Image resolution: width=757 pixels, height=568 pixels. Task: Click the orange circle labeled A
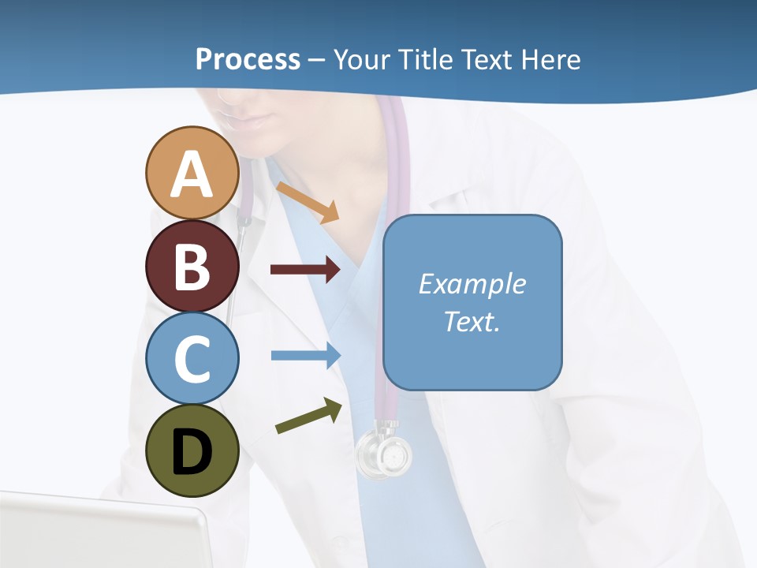tap(192, 173)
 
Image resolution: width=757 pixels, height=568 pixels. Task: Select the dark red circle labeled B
tap(192, 266)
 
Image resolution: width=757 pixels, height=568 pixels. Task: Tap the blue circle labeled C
tap(192, 359)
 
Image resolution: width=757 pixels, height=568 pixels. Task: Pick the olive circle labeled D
tap(192, 451)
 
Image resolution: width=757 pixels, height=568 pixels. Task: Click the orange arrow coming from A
tap(308, 202)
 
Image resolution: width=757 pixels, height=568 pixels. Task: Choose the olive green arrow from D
tap(308, 417)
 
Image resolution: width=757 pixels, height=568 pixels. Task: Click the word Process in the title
tap(248, 60)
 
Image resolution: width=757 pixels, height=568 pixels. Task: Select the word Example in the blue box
tap(472, 284)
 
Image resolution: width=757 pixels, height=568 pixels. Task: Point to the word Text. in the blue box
tap(472, 321)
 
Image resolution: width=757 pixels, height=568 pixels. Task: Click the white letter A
tap(192, 174)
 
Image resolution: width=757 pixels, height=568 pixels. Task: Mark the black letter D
tap(192, 452)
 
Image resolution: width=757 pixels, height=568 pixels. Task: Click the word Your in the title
tap(363, 60)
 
